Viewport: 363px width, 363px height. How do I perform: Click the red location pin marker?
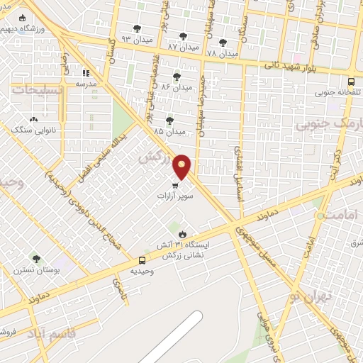point(182,167)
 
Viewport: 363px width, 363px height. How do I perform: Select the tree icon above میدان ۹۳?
point(137,27)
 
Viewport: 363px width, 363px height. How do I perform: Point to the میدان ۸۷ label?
point(181,46)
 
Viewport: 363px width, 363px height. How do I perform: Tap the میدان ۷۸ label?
point(222,53)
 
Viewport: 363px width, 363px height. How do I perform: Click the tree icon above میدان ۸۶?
point(177,77)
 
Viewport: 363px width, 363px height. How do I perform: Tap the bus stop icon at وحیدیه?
point(143,260)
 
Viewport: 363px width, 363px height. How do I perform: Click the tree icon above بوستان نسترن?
point(36,259)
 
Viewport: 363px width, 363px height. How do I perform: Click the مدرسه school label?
point(89,83)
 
